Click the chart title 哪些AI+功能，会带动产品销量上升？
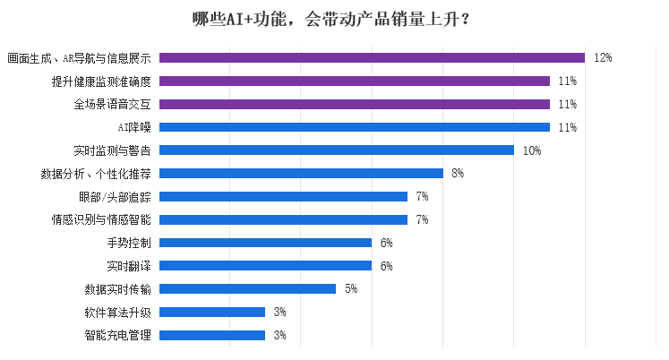pyautogui.click(x=334, y=20)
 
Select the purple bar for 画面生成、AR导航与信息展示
pyautogui.click(x=372, y=57)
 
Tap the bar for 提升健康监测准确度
pyautogui.click(x=354, y=81)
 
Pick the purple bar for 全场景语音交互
pyautogui.click(x=354, y=104)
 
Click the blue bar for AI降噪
pyautogui.click(x=354, y=127)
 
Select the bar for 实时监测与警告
pyautogui.click(x=336, y=150)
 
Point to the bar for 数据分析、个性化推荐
pyautogui.click(x=301, y=173)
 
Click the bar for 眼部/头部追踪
pyautogui.click(x=283, y=196)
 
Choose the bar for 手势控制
pyautogui.click(x=265, y=243)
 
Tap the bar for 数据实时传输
pyautogui.click(x=247, y=288)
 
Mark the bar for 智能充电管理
pyautogui.click(x=212, y=335)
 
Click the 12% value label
pyautogui.click(x=602, y=57)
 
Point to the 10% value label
pyautogui.click(x=531, y=150)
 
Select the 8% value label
pyautogui.click(x=458, y=173)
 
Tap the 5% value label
pyautogui.click(x=351, y=288)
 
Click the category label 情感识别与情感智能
pyautogui.click(x=101, y=219)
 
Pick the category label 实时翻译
pyautogui.click(x=128, y=266)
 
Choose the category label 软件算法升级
pyautogui.click(x=117, y=312)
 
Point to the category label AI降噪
pyautogui.click(x=134, y=127)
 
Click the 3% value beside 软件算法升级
pyautogui.click(x=279, y=312)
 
